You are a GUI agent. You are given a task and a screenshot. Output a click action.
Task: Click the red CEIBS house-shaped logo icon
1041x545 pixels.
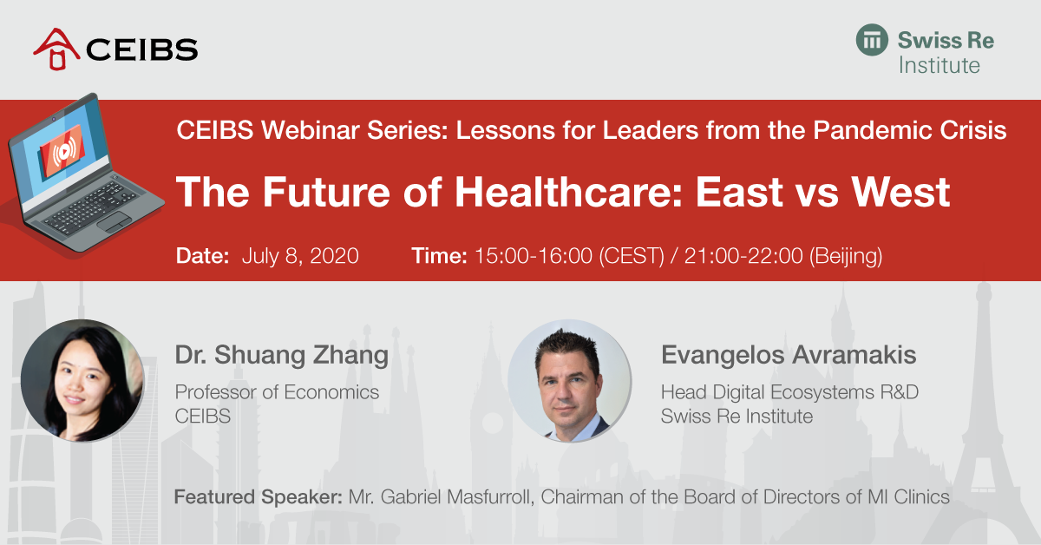56,49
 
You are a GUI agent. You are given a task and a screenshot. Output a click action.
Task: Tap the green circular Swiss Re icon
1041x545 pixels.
872,40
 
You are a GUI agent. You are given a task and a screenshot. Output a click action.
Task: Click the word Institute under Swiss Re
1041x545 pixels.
939,66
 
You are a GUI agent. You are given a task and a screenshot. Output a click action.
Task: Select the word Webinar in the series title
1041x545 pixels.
310,129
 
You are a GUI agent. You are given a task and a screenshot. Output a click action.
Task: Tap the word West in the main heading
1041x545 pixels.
900,192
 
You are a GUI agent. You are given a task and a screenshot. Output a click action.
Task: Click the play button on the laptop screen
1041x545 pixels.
63,151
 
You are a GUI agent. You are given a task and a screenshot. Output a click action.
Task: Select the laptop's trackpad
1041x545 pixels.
113,222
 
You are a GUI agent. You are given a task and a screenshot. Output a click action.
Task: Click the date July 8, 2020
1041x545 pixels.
300,256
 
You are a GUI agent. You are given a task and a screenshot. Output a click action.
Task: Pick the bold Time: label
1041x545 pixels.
439,256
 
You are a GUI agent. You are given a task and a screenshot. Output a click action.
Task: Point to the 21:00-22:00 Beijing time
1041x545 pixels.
783,256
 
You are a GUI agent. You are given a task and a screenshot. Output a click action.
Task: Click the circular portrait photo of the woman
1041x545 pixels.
82,380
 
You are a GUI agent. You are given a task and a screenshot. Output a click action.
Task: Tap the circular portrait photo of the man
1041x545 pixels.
569,380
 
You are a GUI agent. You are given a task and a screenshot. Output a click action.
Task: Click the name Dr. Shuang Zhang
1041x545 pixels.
282,356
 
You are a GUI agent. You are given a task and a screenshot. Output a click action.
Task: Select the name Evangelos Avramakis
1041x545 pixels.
789,355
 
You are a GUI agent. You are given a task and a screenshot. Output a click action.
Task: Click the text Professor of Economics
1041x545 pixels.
277,392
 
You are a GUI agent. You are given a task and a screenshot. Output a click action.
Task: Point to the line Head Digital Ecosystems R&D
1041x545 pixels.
789,392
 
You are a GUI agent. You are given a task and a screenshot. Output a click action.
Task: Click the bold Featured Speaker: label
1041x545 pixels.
258,497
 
